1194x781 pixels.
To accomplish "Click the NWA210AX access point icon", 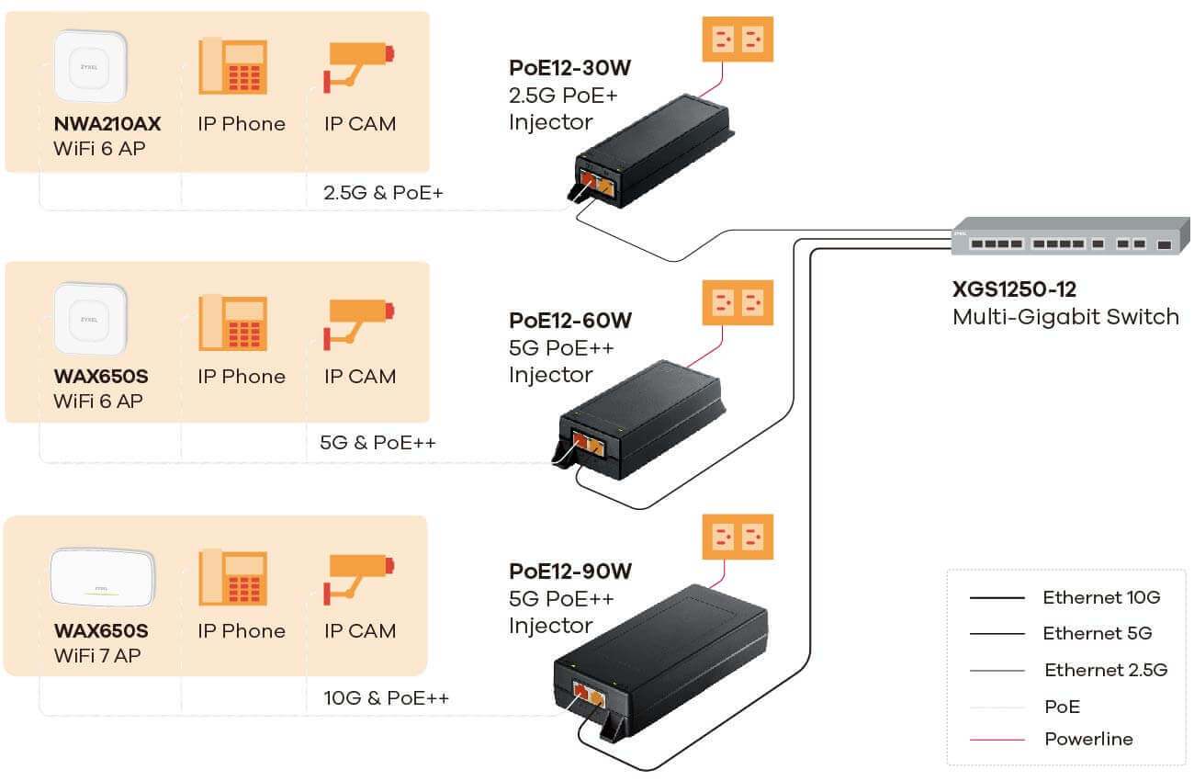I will pyautogui.click(x=89, y=66).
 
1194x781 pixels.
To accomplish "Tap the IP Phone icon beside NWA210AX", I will pyautogui.click(x=233, y=65).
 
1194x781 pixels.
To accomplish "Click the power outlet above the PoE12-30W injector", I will pyautogui.click(x=738, y=39).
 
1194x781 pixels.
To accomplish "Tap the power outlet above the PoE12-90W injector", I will pyautogui.click(x=738, y=538).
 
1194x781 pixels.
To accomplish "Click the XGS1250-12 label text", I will pyautogui.click(x=1014, y=289).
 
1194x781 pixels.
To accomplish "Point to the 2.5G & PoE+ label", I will pyautogui.click(x=383, y=193).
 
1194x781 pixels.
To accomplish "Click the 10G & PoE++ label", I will pyautogui.click(x=386, y=698).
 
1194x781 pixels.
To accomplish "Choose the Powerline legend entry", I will pyautogui.click(x=1088, y=739).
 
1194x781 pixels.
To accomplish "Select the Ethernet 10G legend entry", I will pyautogui.click(x=1101, y=597).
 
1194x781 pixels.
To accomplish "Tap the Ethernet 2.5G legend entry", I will pyautogui.click(x=1106, y=670).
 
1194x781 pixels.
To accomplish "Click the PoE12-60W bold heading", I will pyautogui.click(x=570, y=321).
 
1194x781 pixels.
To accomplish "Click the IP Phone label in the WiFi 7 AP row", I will pyautogui.click(x=241, y=631).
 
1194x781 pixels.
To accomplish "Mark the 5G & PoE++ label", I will pyautogui.click(x=377, y=443).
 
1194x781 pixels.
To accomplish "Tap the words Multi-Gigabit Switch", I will pyautogui.click(x=1065, y=317).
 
